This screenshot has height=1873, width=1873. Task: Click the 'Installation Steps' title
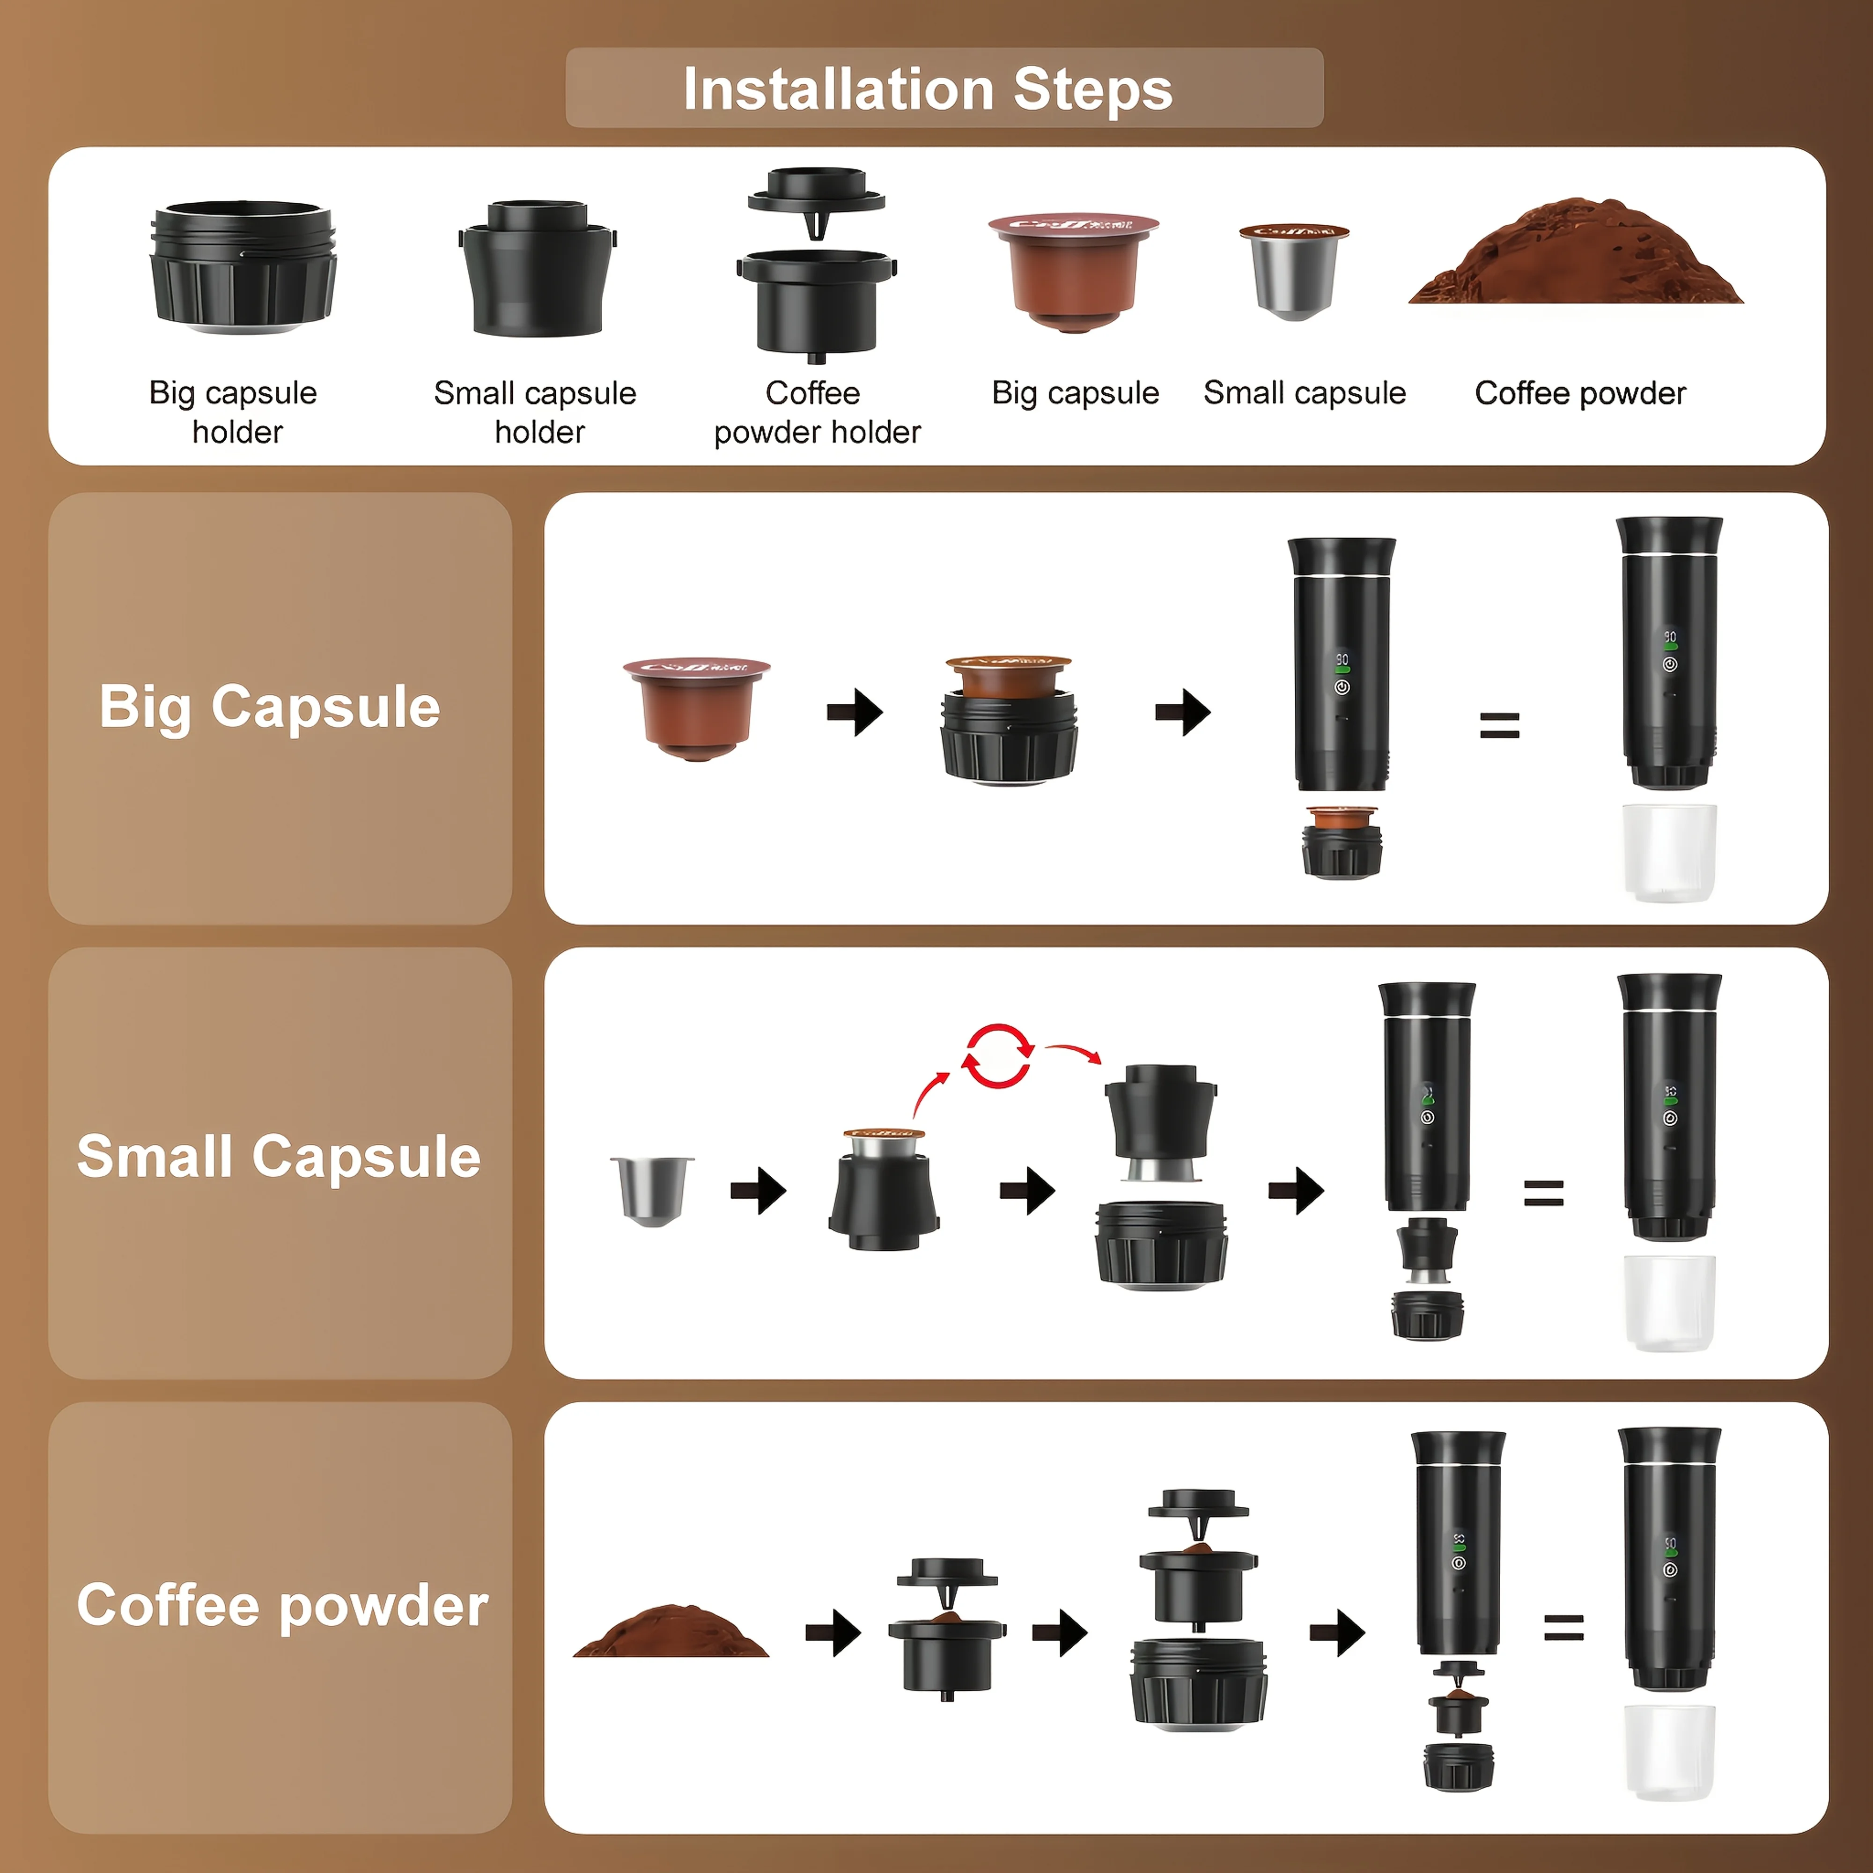928,89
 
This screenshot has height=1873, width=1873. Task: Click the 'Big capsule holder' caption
234,412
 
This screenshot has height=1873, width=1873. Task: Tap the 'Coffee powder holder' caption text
816,412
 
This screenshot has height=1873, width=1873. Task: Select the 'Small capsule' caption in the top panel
1304,393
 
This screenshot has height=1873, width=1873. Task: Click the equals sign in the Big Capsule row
1499,725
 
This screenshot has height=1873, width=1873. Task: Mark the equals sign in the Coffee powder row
1563,1628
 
